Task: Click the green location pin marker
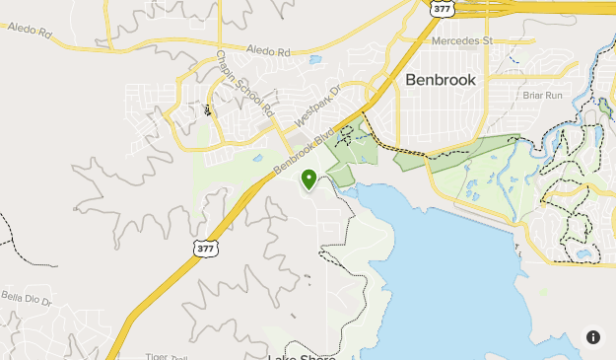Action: (308, 179)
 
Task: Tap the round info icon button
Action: (593, 337)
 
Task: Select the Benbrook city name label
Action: (441, 81)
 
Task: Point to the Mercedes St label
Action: (460, 41)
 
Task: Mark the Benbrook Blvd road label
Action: (298, 149)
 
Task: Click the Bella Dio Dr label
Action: (26, 296)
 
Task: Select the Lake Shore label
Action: (301, 356)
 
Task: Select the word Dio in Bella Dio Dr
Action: (28, 296)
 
